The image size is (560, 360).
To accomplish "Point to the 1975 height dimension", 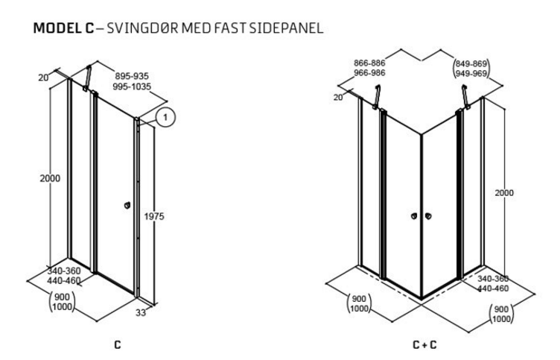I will pos(156,216).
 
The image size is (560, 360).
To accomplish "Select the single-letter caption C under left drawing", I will pos(117,346).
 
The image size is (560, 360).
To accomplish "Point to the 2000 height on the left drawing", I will pos(51,178).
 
